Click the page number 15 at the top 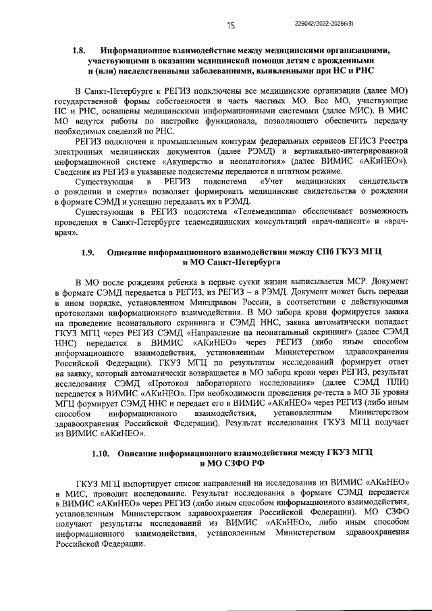tap(230, 25)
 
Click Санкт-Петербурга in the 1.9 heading tap(241, 263)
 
